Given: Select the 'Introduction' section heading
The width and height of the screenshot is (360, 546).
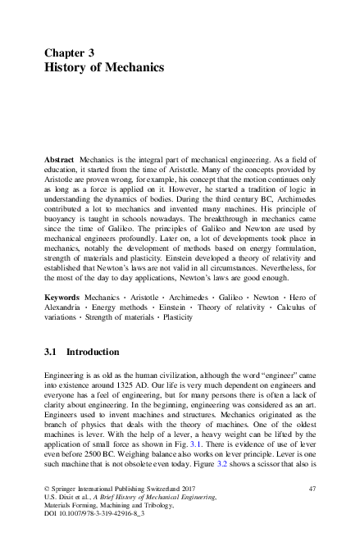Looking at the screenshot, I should tap(93, 352).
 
